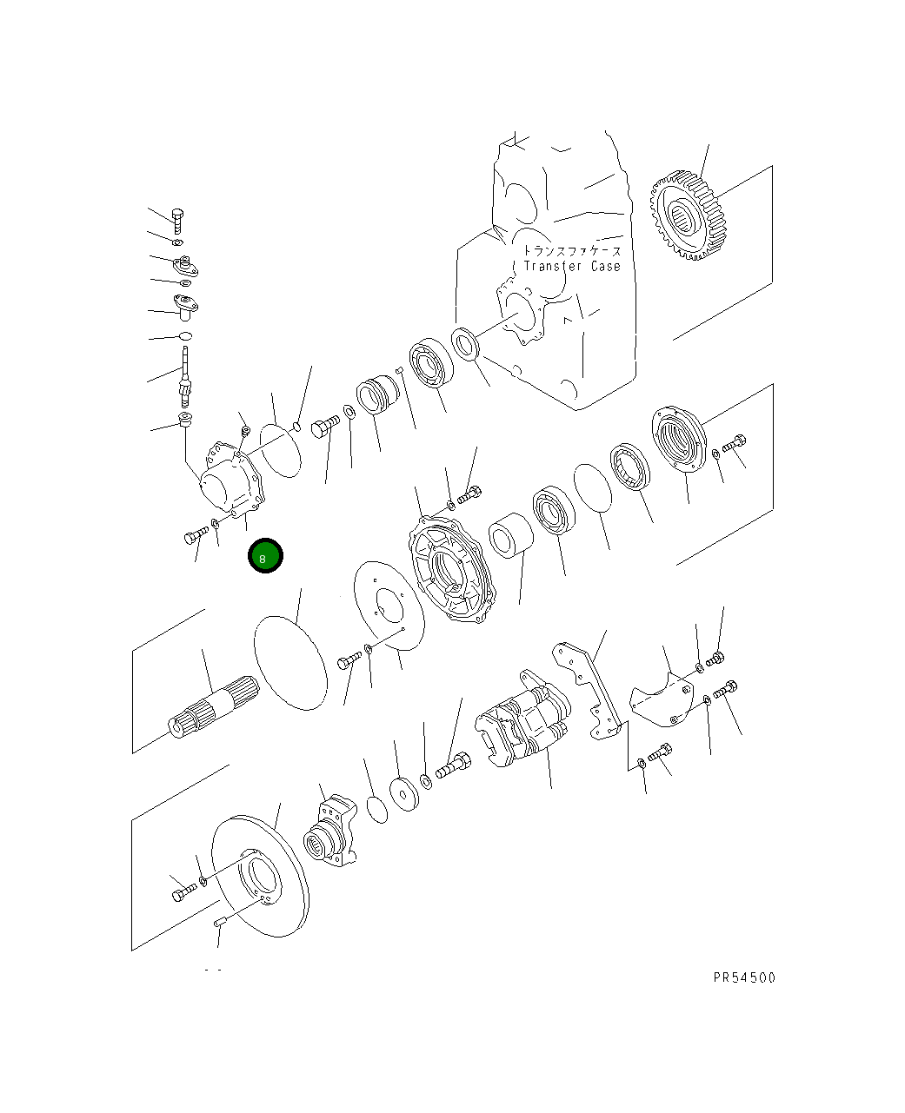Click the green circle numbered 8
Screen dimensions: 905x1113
265,555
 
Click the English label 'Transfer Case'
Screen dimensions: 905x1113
572,266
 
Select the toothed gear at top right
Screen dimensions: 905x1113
688,215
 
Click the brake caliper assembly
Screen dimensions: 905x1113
522,718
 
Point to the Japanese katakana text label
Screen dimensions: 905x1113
572,251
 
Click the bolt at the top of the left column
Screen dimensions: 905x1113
177,221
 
